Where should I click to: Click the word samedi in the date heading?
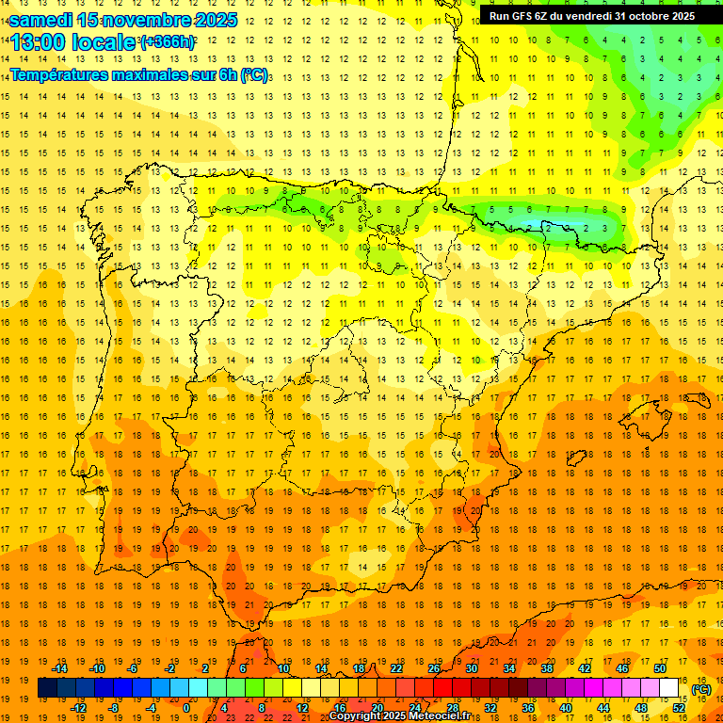41,19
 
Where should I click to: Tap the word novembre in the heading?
150,19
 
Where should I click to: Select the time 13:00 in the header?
40,42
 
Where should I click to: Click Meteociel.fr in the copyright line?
441,716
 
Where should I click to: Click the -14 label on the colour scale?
59,667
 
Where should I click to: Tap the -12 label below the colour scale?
78,708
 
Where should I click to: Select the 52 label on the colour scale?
679,708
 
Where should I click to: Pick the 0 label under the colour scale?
186,708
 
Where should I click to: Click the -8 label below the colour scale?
114,708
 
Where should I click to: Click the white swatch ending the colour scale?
669,687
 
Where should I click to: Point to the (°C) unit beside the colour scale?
701,689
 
